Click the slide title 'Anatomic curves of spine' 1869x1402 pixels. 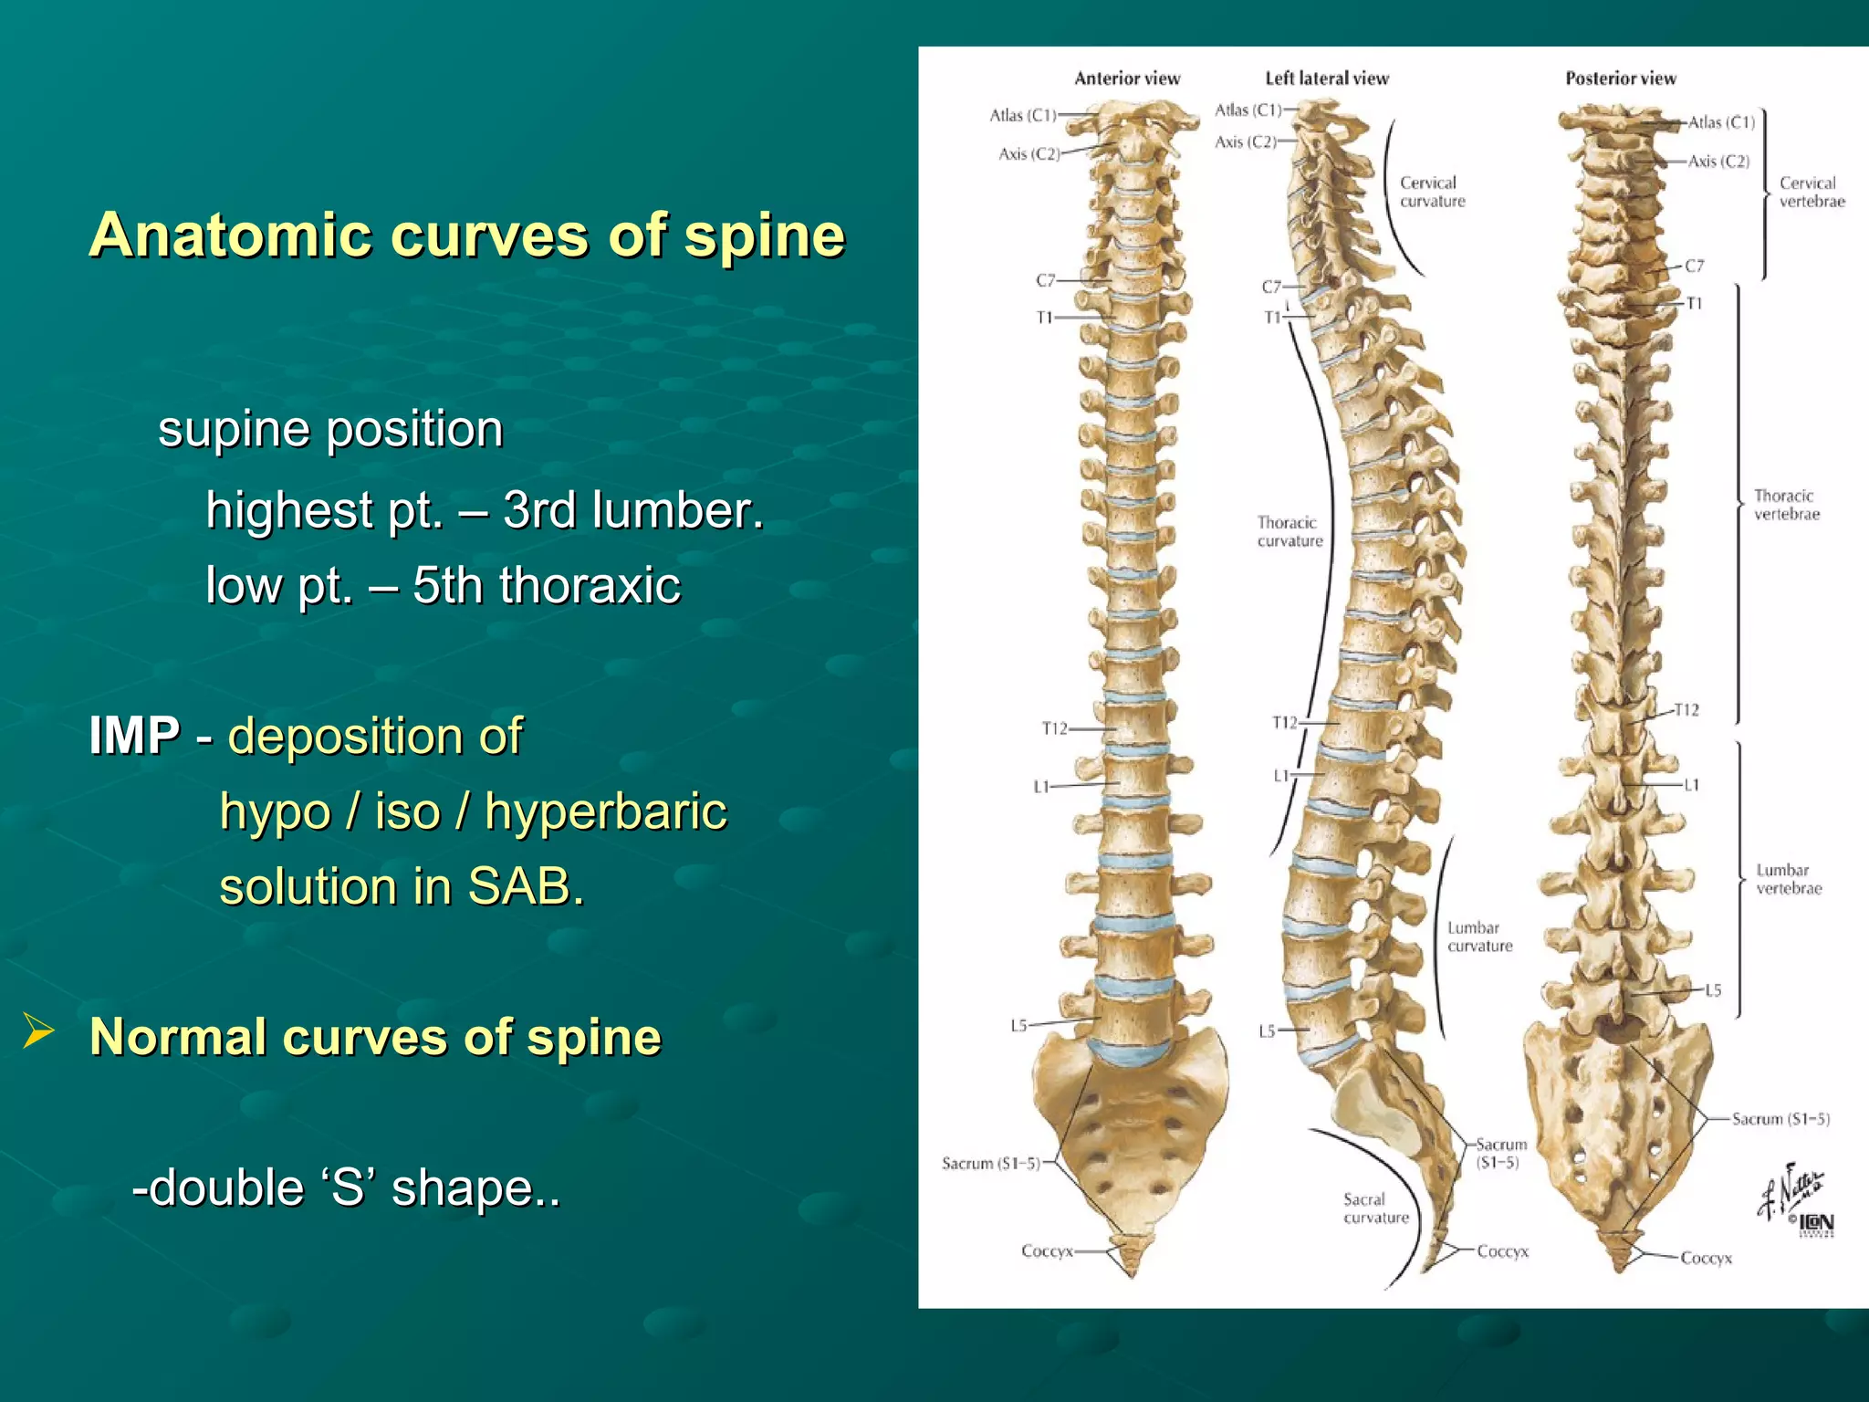pyautogui.click(x=466, y=235)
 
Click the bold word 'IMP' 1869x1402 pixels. pyautogui.click(x=134, y=736)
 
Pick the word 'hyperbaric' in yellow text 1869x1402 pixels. pyautogui.click(x=605, y=811)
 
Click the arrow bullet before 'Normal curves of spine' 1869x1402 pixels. pyautogui.click(x=38, y=1032)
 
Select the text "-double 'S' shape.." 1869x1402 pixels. pyautogui.click(x=346, y=1188)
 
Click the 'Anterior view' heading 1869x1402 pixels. pyautogui.click(x=1127, y=78)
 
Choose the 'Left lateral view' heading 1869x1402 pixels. pyautogui.click(x=1326, y=78)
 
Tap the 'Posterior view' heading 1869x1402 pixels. pyautogui.click(x=1620, y=78)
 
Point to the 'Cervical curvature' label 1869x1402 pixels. pyautogui.click(x=1432, y=192)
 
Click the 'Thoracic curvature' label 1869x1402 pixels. pyautogui.click(x=1289, y=531)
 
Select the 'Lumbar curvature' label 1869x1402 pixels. pyautogui.click(x=1478, y=936)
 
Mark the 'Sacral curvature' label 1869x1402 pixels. pyautogui.click(x=1375, y=1208)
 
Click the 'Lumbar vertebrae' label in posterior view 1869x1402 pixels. pyautogui.click(x=1788, y=879)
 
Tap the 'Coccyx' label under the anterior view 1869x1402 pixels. pyautogui.click(x=1047, y=1250)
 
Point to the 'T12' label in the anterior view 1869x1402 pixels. pyautogui.click(x=1054, y=728)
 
